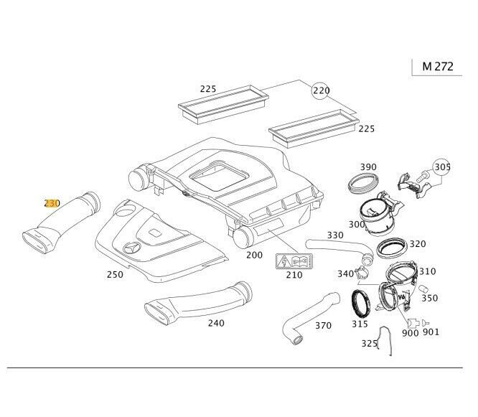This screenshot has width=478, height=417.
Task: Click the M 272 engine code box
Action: point(436,66)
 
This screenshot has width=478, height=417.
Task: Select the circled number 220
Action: point(320,90)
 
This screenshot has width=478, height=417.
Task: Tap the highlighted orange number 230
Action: point(52,204)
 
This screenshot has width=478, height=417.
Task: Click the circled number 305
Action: point(442,167)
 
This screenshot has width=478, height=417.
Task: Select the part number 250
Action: point(114,274)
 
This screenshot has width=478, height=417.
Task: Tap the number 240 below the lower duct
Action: point(215,323)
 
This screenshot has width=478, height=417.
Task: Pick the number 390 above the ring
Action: point(367,167)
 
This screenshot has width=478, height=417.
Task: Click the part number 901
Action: point(431,332)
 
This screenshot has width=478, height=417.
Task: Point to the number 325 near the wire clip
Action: point(370,344)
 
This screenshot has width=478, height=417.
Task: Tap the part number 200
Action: point(254,254)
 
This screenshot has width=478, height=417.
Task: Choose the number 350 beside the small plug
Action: point(429,297)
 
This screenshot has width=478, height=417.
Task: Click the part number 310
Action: point(427,271)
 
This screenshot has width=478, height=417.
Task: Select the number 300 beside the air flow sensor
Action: point(357,225)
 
